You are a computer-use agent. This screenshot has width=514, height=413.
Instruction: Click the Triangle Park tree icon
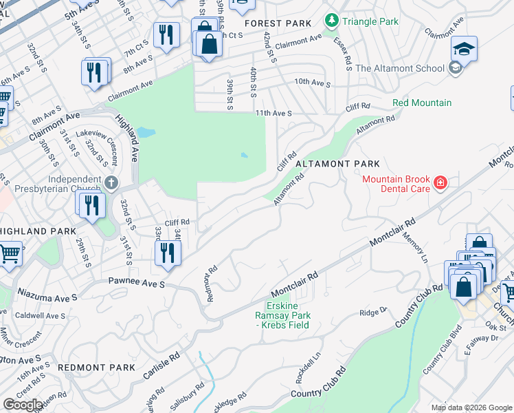tap(332, 21)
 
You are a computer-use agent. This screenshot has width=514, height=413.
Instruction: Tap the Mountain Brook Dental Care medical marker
tap(440, 183)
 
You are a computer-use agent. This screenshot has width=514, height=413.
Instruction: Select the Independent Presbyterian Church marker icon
tap(113, 183)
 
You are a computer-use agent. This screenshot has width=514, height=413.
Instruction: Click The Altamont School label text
tap(399, 68)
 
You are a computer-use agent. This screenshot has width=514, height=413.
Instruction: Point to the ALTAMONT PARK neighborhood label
tap(337, 164)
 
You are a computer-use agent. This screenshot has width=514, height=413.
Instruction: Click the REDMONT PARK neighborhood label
tap(96, 368)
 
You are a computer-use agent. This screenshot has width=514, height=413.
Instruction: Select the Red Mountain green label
tap(422, 103)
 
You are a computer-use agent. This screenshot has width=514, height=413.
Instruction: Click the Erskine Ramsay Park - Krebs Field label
tap(289, 315)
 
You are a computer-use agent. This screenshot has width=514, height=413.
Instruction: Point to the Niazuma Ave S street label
tap(46, 298)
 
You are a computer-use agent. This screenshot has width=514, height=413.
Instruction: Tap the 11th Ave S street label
tap(273, 113)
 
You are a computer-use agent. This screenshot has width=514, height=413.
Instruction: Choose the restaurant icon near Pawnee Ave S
tap(166, 253)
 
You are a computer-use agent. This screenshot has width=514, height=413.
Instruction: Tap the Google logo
tap(23, 405)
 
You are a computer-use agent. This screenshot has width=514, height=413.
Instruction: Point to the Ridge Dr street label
tap(374, 312)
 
